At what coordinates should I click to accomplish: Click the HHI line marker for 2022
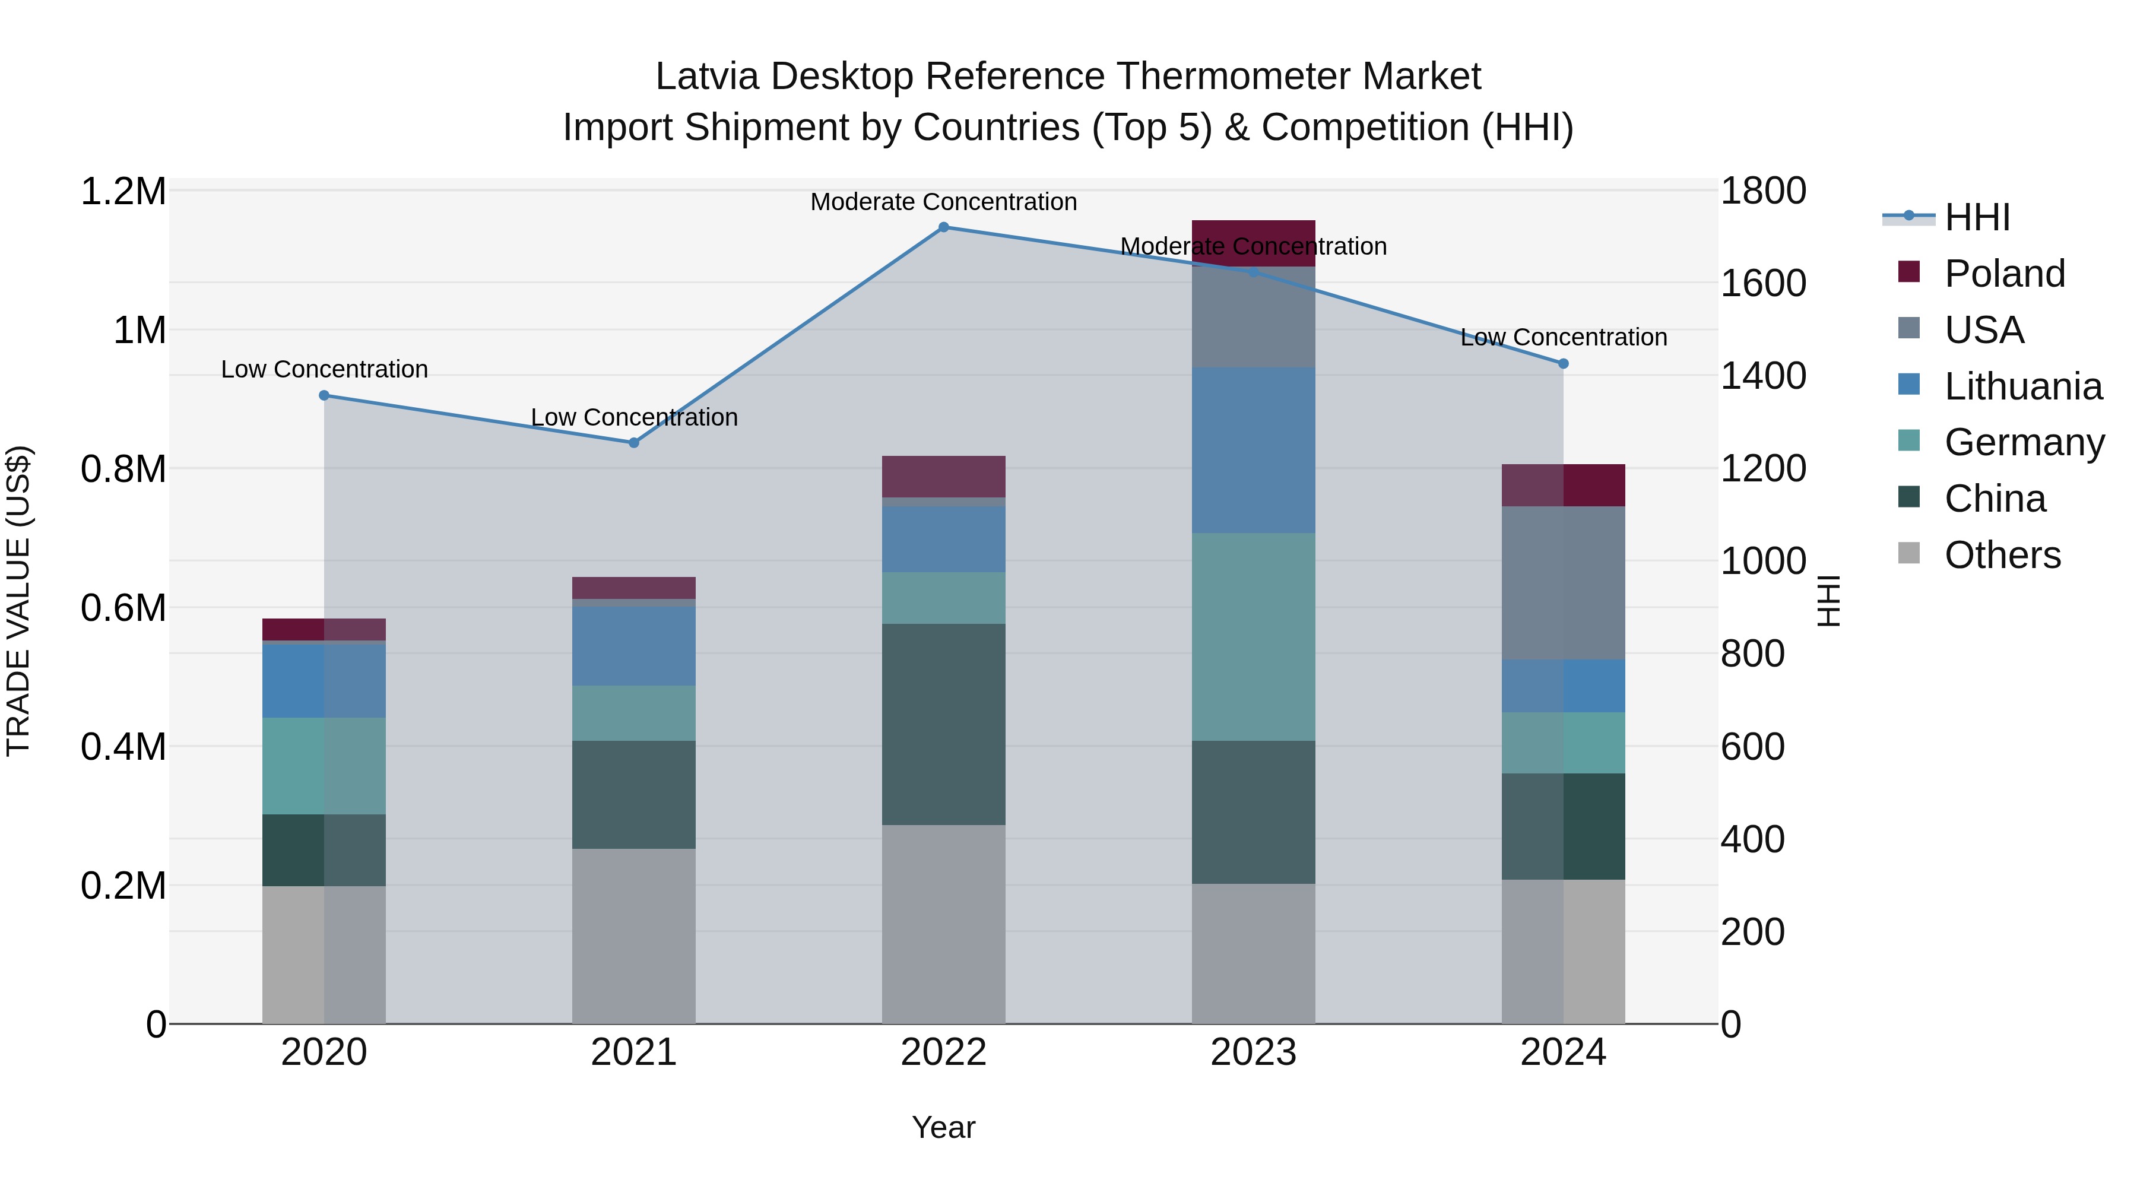tap(943, 227)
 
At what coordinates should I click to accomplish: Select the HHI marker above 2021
tap(634, 443)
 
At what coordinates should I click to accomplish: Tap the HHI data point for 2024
tap(1563, 363)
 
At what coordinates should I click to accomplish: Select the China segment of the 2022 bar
tap(943, 724)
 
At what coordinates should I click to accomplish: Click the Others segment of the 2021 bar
tap(634, 935)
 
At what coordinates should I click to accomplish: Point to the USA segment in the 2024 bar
tap(1563, 582)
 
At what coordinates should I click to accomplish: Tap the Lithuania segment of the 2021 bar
tap(634, 646)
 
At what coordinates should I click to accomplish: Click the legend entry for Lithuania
tap(2022, 386)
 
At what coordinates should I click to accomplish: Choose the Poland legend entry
tap(2003, 274)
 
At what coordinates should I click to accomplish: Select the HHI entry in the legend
tap(1976, 217)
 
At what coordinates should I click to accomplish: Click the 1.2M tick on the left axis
tap(123, 192)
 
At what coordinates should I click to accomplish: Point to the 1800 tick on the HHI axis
tap(1763, 191)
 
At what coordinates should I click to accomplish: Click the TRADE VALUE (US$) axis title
tap(18, 601)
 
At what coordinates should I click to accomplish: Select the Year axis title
tap(943, 1127)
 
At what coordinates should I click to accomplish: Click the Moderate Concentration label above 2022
tap(943, 202)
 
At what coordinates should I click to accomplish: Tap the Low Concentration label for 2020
tap(324, 369)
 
